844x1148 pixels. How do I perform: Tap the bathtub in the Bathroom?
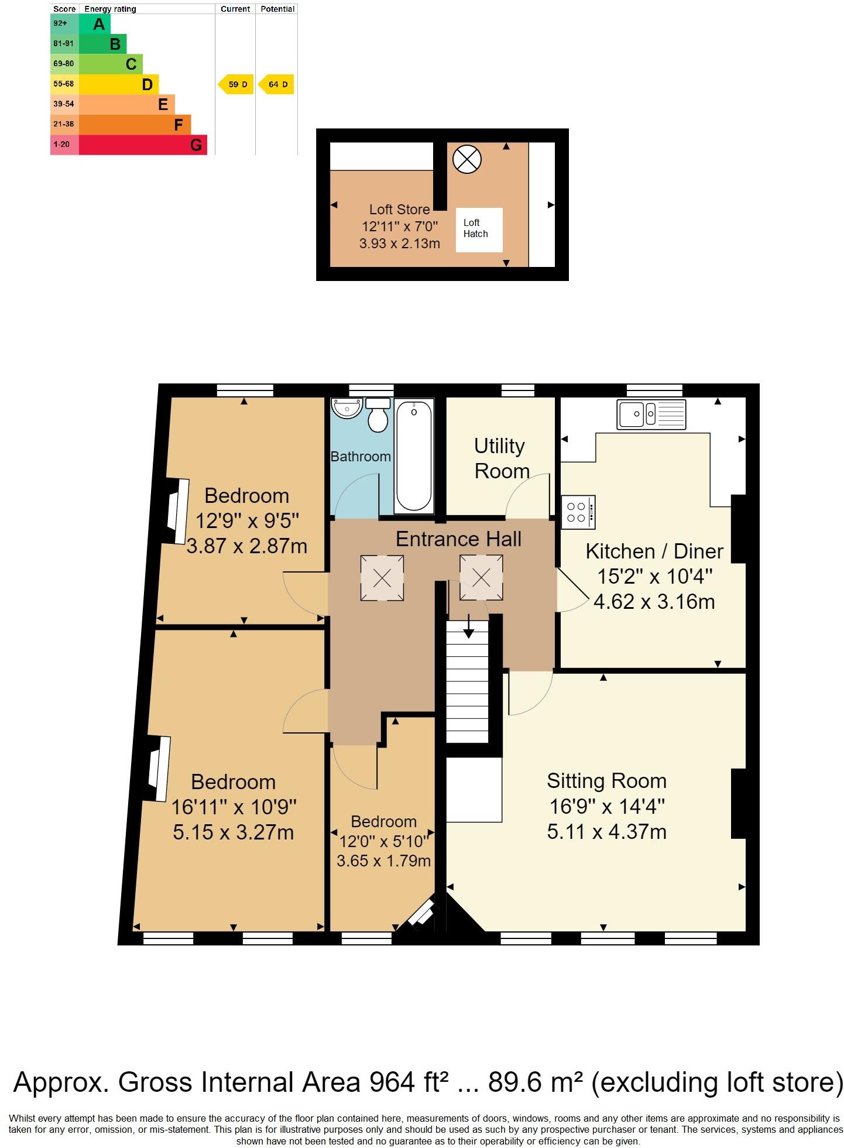click(414, 455)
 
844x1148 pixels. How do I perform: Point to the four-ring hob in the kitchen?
click(578, 512)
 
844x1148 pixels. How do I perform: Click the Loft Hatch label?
click(475, 228)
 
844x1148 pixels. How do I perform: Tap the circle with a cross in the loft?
click(467, 159)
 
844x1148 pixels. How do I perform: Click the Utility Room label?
click(500, 458)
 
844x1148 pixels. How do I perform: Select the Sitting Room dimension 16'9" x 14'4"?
click(606, 807)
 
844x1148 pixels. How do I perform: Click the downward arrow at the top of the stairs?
click(469, 629)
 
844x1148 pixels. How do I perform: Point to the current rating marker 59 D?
click(236, 84)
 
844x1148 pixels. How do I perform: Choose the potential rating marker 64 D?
click(276, 84)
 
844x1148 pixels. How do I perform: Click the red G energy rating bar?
click(142, 145)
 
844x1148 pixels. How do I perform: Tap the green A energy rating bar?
click(94, 24)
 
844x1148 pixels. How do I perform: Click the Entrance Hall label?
click(458, 539)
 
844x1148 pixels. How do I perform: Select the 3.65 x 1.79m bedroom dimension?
click(383, 861)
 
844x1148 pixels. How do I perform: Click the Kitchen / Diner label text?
click(654, 551)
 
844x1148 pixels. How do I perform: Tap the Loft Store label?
click(399, 210)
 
